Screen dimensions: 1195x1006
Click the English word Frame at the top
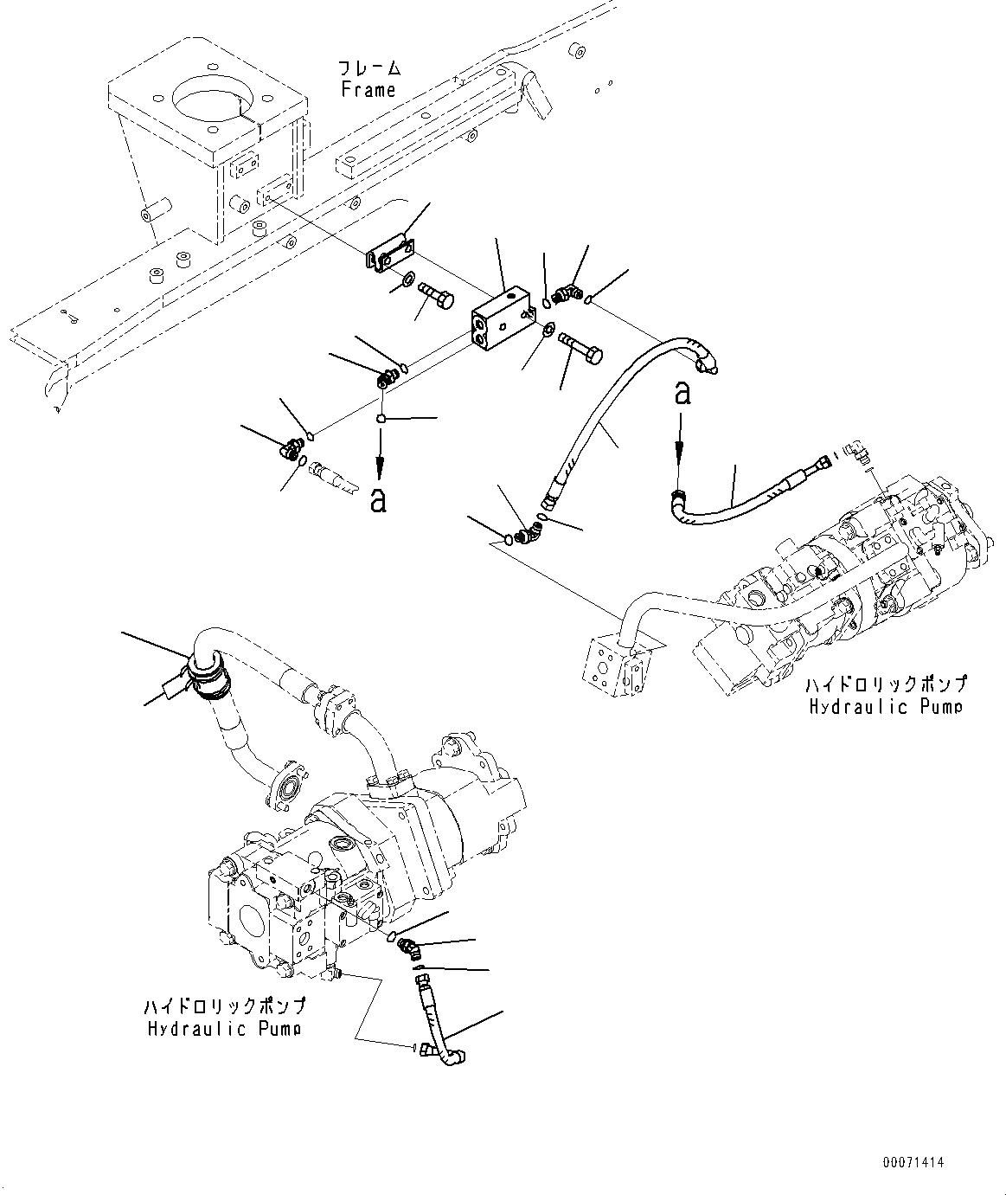pos(368,90)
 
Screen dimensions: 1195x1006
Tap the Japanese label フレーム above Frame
pos(370,68)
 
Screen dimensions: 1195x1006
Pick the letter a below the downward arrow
pos(378,499)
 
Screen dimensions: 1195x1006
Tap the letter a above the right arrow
pos(682,394)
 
